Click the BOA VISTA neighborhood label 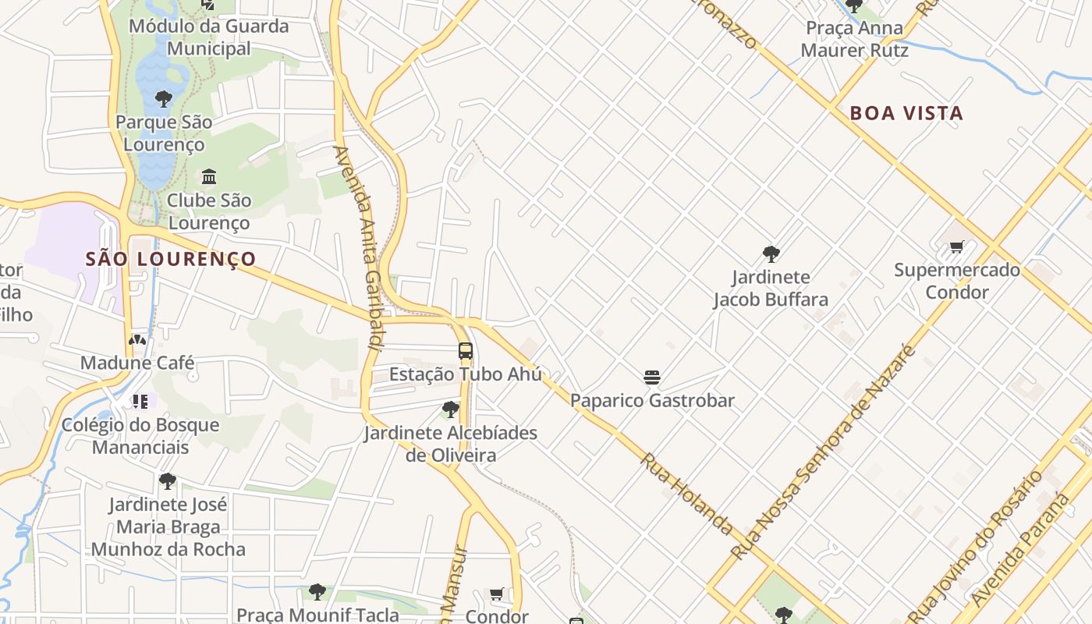click(x=906, y=113)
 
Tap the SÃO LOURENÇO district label click(x=171, y=259)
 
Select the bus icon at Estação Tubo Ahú click(x=466, y=351)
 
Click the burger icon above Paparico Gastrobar click(x=652, y=378)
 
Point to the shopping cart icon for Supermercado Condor click(x=956, y=247)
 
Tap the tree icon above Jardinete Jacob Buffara click(x=771, y=254)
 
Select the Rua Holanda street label click(x=687, y=494)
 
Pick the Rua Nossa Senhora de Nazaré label click(x=823, y=452)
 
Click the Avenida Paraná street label click(x=1022, y=551)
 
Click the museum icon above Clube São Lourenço click(x=208, y=177)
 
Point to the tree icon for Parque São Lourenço click(x=163, y=99)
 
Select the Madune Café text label click(x=137, y=363)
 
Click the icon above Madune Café click(x=137, y=340)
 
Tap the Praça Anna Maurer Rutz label click(x=854, y=39)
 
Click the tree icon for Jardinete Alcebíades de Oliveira click(x=450, y=409)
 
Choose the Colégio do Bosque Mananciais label click(x=140, y=436)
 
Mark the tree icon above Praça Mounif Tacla click(x=317, y=592)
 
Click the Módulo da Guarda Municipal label click(x=208, y=37)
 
